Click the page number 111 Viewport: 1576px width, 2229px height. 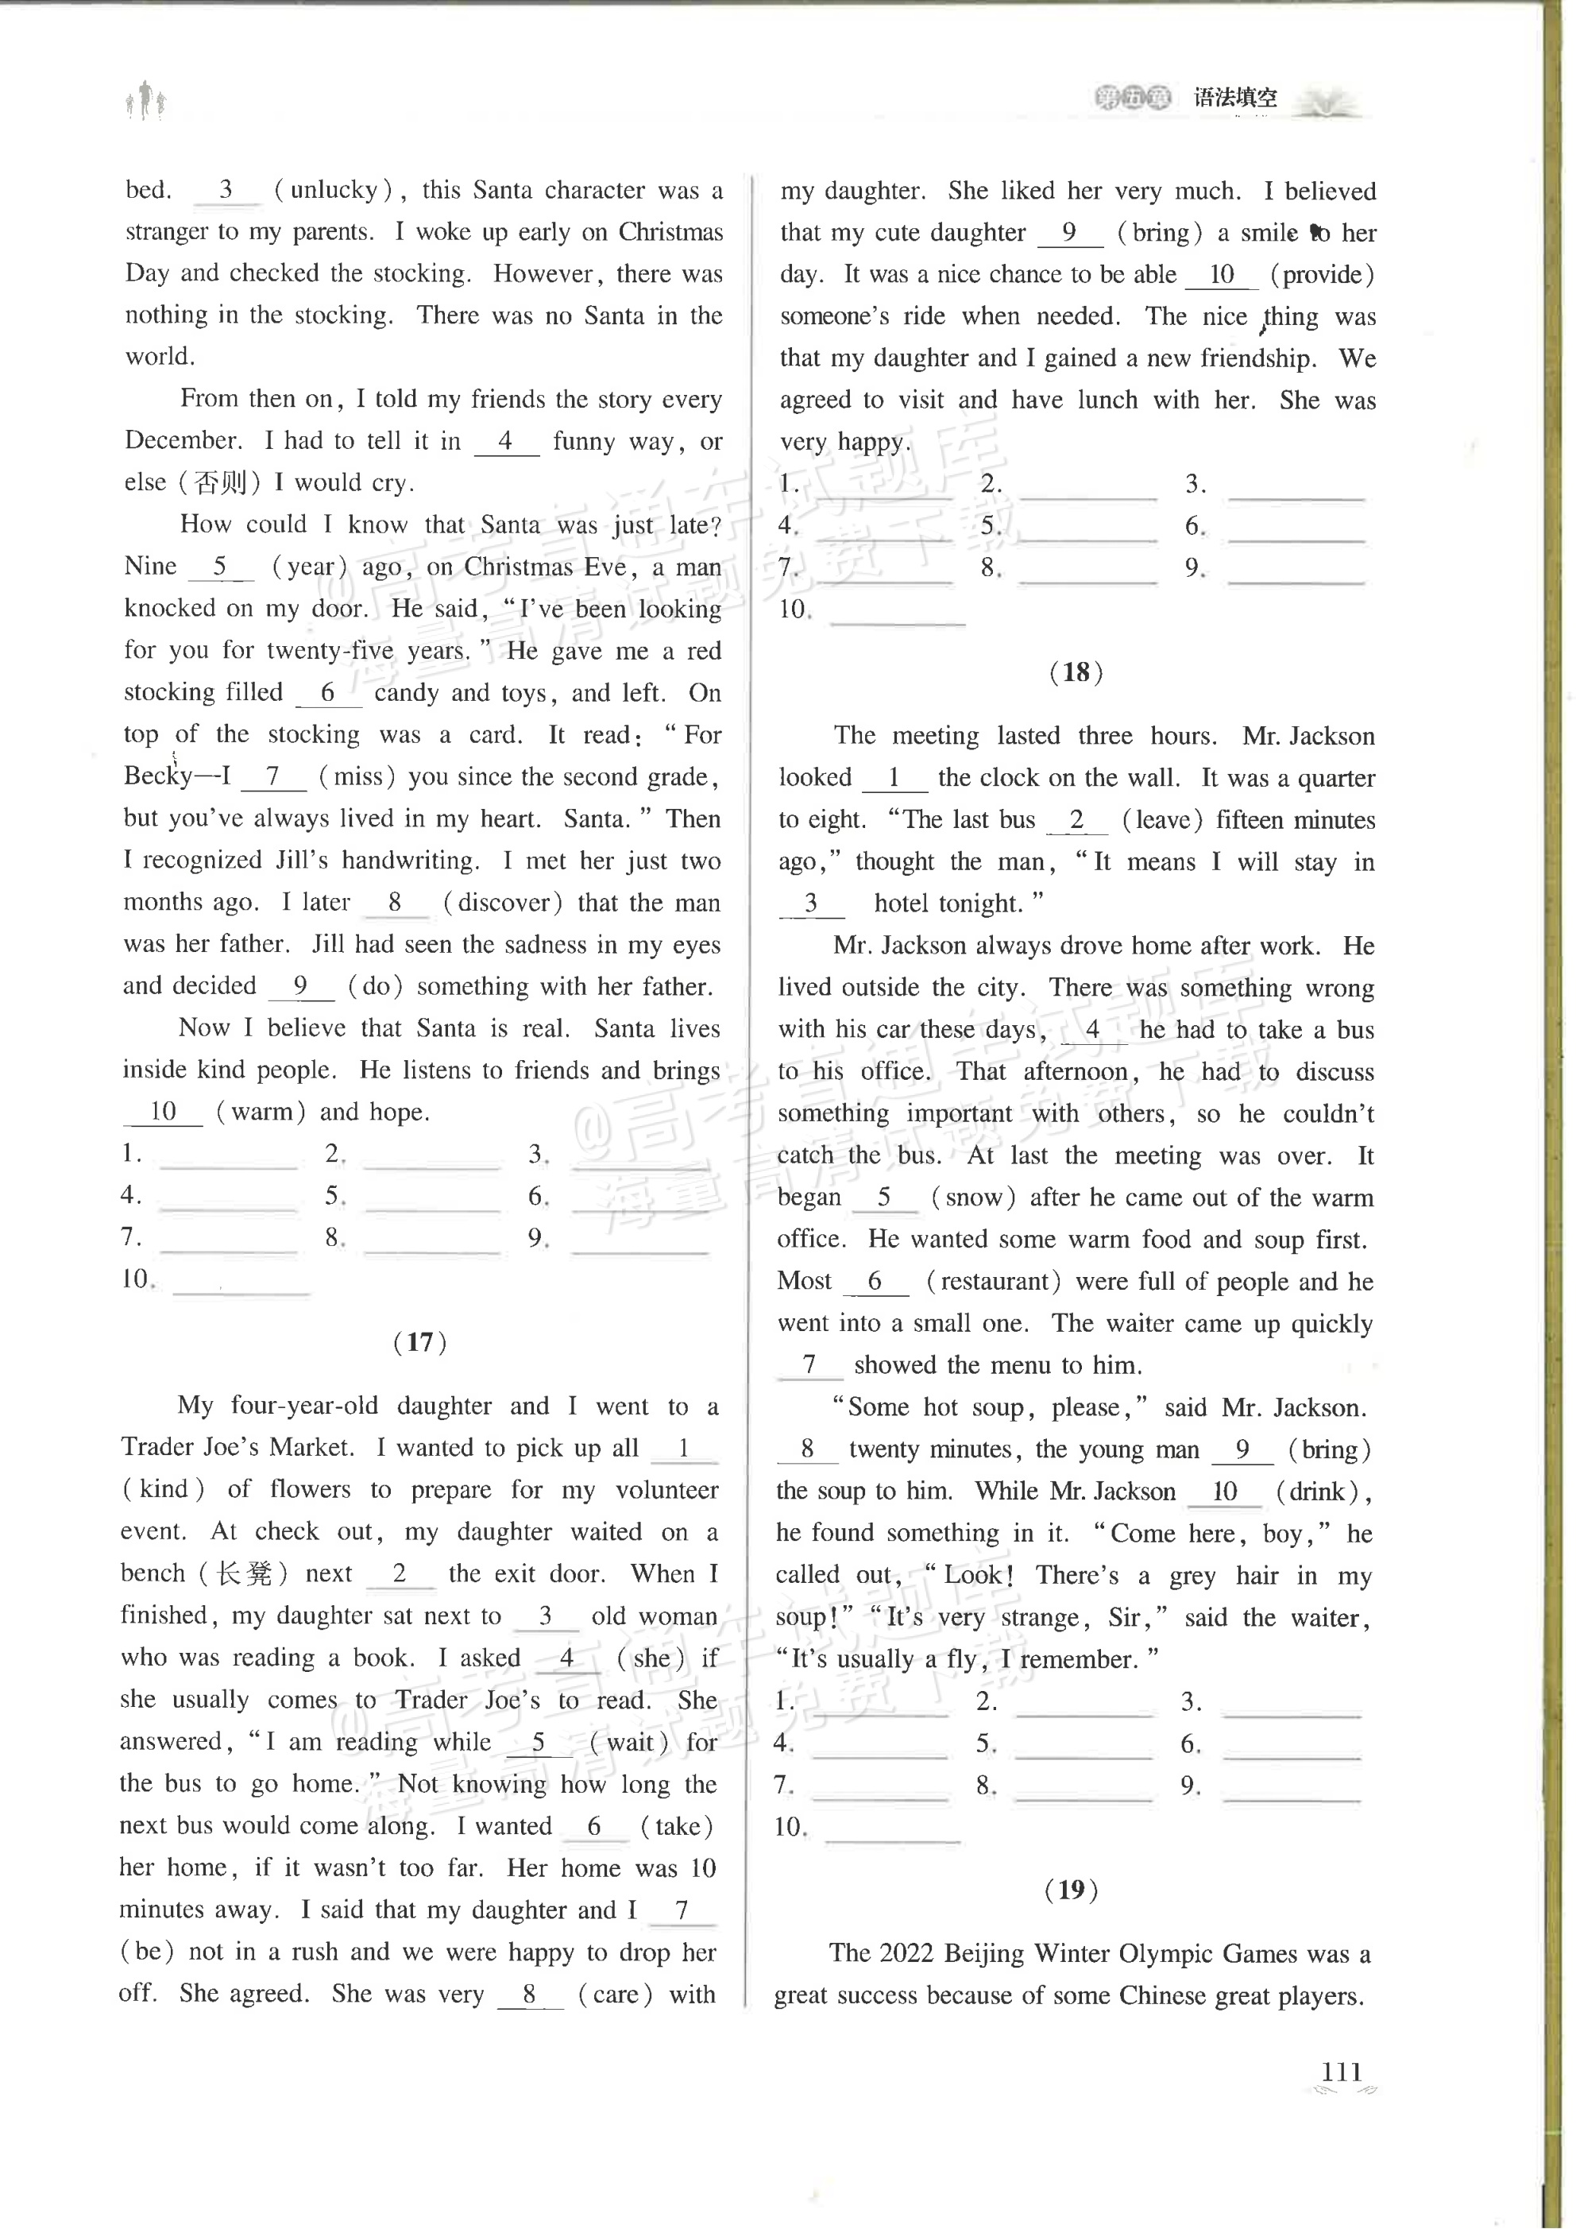click(1341, 2098)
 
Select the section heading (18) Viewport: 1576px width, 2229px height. click(1076, 671)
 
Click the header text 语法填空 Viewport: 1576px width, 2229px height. click(1235, 97)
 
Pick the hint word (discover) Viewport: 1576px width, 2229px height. click(503, 903)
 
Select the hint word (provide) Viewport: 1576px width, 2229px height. click(1322, 275)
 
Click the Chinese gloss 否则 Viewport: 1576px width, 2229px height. click(222, 482)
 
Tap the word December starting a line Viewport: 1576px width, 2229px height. click(183, 441)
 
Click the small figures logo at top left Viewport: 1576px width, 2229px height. click(145, 101)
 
